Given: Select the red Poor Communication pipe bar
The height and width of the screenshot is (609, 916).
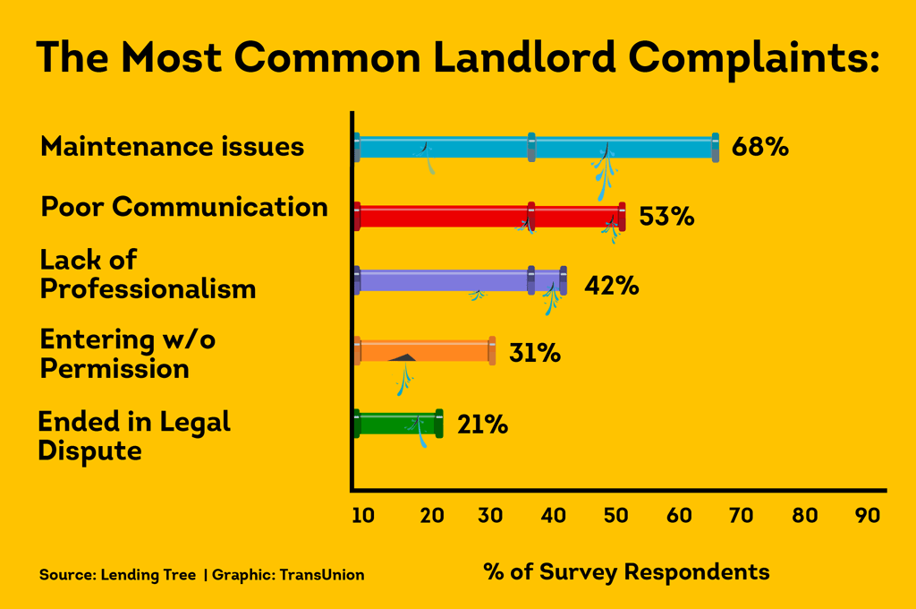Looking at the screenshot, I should (x=447, y=217).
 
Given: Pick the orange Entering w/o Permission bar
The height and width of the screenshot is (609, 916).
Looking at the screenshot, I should (x=447, y=350).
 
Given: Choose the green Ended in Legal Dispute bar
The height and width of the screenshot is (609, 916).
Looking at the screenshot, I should (x=385, y=423).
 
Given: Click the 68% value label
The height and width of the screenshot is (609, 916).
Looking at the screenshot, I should (x=759, y=147).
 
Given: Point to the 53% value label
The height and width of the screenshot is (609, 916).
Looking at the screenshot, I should (x=666, y=217).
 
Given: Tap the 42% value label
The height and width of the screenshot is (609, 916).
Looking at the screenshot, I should (x=611, y=286).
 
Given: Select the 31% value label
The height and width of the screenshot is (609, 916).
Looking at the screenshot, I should (x=534, y=353).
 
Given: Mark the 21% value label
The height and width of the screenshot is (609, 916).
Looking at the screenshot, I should (x=482, y=424).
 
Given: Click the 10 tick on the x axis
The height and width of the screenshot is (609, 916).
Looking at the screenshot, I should (x=362, y=516).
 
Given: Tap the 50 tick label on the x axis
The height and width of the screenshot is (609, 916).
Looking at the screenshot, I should (x=616, y=516).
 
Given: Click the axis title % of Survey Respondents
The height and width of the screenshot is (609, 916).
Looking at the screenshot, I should (x=626, y=571).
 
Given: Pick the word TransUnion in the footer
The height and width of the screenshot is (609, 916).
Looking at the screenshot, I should (x=322, y=575).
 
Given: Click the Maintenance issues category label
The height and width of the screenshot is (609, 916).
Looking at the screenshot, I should (x=173, y=146).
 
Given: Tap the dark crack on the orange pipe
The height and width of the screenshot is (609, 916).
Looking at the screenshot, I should (x=404, y=357).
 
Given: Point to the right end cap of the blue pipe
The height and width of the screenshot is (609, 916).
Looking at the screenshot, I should (x=715, y=147).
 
